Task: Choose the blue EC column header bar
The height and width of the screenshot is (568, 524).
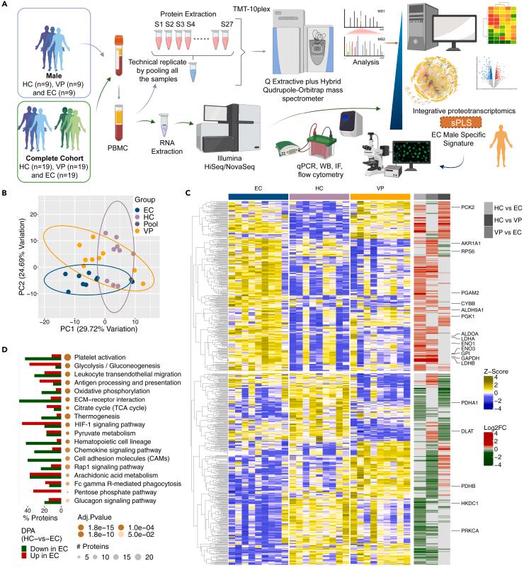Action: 258,195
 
